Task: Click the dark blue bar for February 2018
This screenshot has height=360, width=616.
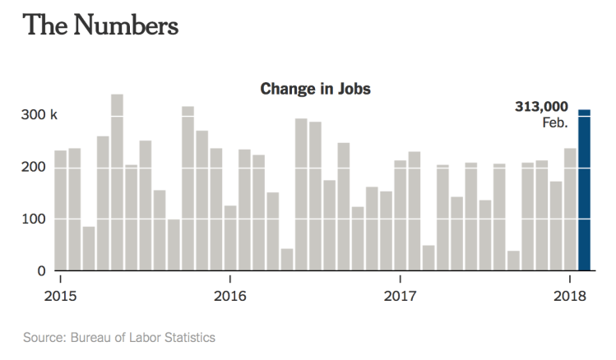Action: click(584, 190)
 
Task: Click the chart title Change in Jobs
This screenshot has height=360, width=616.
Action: click(316, 89)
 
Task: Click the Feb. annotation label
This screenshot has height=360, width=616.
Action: click(555, 122)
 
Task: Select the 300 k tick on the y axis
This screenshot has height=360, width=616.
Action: click(39, 115)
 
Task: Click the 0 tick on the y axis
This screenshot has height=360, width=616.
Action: click(39, 270)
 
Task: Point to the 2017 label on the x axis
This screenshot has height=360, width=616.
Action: click(401, 295)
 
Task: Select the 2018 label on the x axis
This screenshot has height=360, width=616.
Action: click(569, 295)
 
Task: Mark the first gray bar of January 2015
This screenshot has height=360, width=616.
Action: click(60, 210)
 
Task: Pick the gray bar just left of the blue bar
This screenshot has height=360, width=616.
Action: click(570, 210)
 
